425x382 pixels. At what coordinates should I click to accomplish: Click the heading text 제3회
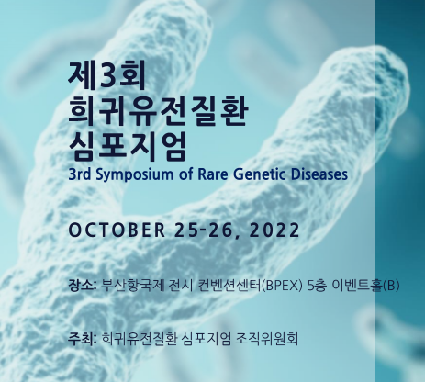pyautogui.click(x=106, y=75)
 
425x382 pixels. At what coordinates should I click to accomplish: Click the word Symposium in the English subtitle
pyautogui.click(x=134, y=175)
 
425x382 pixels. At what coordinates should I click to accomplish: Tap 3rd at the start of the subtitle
pyautogui.click(x=80, y=174)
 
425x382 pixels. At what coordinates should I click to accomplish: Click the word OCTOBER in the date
pyautogui.click(x=117, y=230)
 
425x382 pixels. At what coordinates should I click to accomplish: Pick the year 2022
pyautogui.click(x=274, y=230)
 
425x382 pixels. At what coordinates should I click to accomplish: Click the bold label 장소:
pyautogui.click(x=83, y=286)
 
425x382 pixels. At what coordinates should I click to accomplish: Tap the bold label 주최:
pyautogui.click(x=83, y=339)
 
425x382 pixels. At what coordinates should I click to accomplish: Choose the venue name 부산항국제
pyautogui.click(x=132, y=286)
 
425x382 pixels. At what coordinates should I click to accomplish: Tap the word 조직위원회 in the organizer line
pyautogui.click(x=266, y=339)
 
